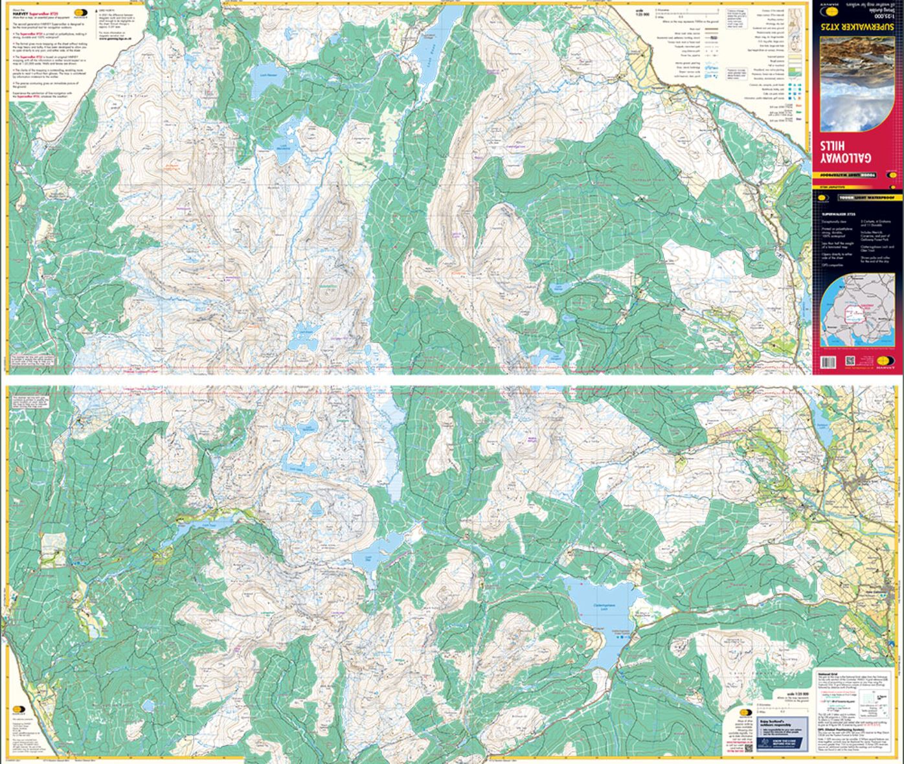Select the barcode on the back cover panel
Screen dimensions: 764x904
pos(828,363)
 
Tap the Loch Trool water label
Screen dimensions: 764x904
pos(207,526)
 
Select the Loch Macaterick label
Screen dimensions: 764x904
pos(284,146)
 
